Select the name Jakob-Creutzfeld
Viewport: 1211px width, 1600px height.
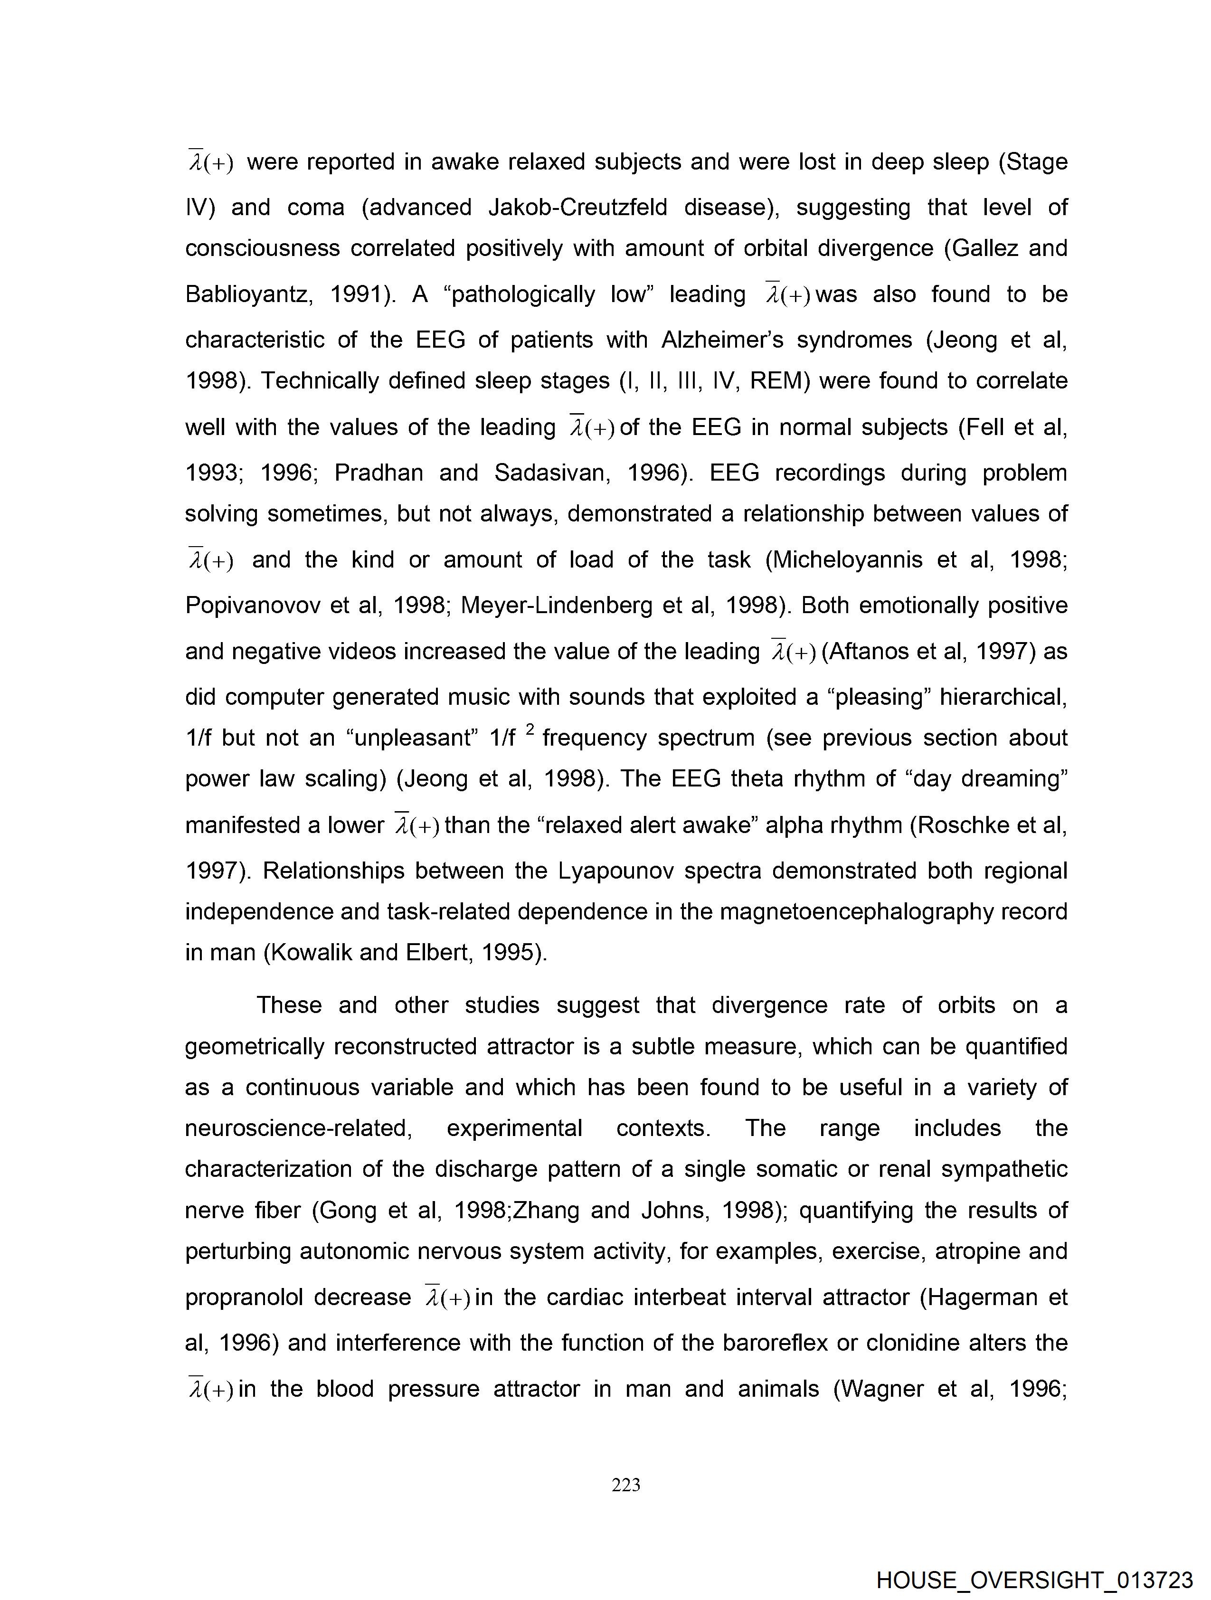point(577,208)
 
